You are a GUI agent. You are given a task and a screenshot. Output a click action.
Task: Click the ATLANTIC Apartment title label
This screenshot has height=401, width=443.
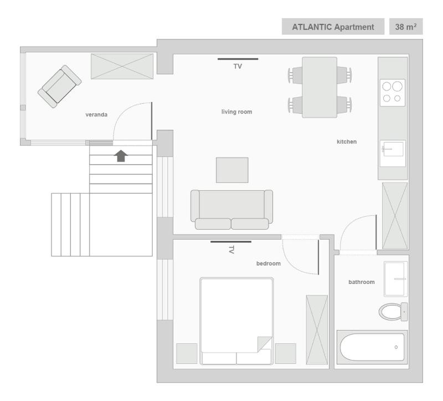coord(332,27)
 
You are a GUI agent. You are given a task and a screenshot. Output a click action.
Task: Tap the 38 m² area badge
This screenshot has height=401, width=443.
coord(406,27)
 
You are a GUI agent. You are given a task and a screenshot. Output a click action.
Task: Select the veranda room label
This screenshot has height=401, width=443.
coord(96,115)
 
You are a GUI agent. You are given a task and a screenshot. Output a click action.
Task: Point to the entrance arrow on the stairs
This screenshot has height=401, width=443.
coord(120,155)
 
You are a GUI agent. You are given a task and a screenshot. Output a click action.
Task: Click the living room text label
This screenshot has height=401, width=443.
coord(236,112)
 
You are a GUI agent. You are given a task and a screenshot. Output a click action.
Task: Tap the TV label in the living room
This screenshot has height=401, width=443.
coord(238,66)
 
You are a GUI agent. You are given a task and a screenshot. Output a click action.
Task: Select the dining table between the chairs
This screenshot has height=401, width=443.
coord(320,87)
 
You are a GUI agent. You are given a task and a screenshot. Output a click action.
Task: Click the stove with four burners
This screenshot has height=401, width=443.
coord(393,92)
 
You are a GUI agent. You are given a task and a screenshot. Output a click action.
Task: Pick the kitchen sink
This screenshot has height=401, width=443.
coord(393,150)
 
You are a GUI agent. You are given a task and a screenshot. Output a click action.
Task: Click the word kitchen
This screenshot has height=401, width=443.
coord(347,142)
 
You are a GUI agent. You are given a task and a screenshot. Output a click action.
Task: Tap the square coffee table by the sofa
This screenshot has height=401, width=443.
coord(231,170)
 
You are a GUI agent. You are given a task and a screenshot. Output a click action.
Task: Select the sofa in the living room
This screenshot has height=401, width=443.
coord(231,209)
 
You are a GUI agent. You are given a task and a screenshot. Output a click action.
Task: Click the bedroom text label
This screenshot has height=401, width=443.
coord(268,264)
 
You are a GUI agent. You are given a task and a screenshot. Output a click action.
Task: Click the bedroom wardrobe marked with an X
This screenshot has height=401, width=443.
coord(317,329)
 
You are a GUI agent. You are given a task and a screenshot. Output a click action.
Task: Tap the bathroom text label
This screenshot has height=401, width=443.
coord(361,282)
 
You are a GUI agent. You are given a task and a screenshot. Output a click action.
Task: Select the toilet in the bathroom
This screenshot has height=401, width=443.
coord(393,311)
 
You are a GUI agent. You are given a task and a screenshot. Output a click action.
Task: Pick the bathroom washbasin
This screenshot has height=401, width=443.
coord(395,278)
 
